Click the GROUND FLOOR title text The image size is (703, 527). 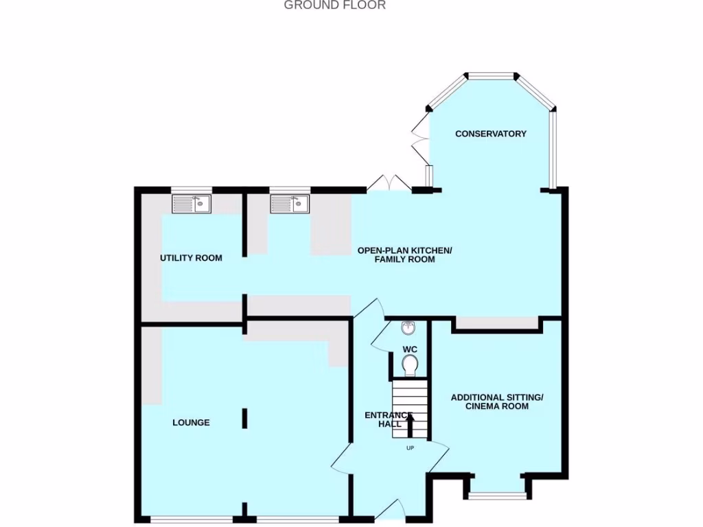(x=335, y=5)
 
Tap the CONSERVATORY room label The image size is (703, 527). (x=491, y=134)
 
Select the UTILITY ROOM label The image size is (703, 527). (x=191, y=258)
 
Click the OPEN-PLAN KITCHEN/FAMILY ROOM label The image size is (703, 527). (x=405, y=255)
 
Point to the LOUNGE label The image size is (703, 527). (x=191, y=423)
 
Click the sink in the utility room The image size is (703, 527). (x=192, y=204)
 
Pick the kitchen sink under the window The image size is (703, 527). (x=290, y=204)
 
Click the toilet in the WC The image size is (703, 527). (x=410, y=365)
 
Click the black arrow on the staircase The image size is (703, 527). (x=410, y=424)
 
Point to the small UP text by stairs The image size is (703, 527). (x=410, y=449)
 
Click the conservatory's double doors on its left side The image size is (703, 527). (x=419, y=140)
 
